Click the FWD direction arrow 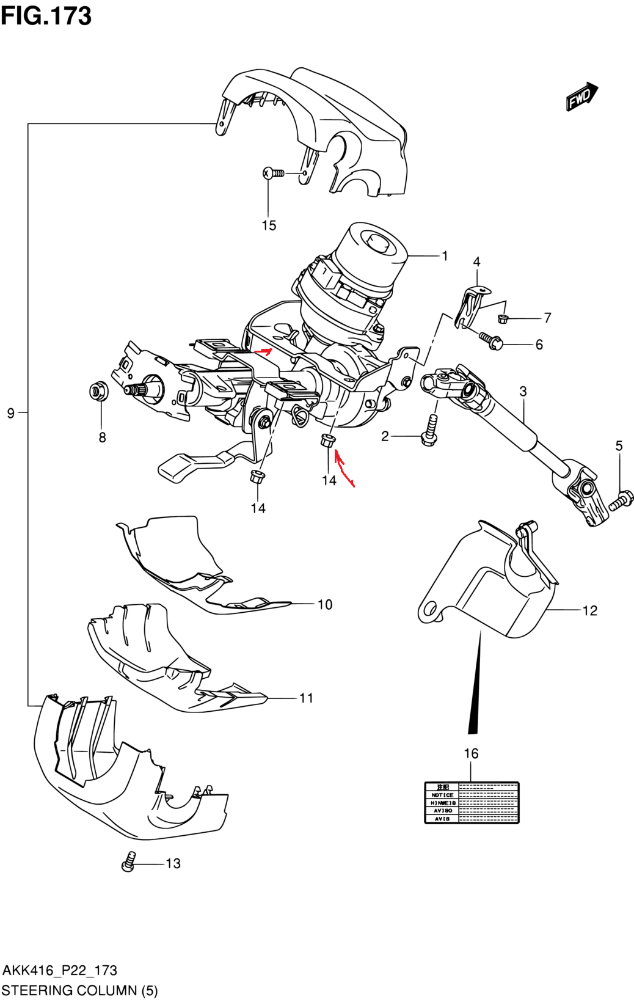(x=581, y=97)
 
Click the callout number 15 (x=269, y=225)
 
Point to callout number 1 (x=445, y=256)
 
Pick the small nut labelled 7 (x=503, y=318)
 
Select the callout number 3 (x=523, y=391)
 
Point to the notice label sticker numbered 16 (x=472, y=802)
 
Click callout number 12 (x=589, y=610)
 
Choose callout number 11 (x=306, y=698)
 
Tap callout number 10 (x=325, y=604)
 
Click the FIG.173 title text (x=46, y=16)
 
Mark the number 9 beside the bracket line (x=10, y=414)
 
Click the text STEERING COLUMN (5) (x=79, y=990)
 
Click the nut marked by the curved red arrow (x=327, y=441)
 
